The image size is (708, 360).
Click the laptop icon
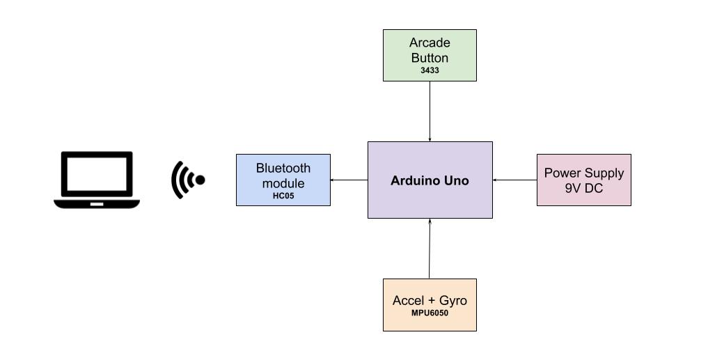pyautogui.click(x=97, y=179)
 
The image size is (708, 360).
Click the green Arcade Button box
pyautogui.click(x=430, y=55)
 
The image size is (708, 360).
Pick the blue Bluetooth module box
pyautogui.click(x=283, y=180)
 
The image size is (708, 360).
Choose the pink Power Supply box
pyautogui.click(x=583, y=180)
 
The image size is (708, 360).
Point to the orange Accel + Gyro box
pyautogui.click(x=430, y=305)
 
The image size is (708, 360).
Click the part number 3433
pyautogui.click(x=430, y=70)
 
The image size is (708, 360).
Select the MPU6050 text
pyautogui.click(x=430, y=313)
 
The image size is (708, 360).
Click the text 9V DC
pyautogui.click(x=583, y=188)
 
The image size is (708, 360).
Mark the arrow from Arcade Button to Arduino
pyautogui.click(x=430, y=111)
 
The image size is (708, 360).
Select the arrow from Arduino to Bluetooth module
pyautogui.click(x=349, y=180)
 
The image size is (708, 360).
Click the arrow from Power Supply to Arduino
pyautogui.click(x=514, y=180)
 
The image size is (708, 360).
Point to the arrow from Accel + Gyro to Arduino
pyautogui.click(x=430, y=249)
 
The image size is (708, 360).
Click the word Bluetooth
pyautogui.click(x=283, y=168)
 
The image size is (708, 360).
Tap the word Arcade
pyautogui.click(x=430, y=43)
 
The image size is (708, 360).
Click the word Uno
pyautogui.click(x=455, y=180)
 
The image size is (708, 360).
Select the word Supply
pyautogui.click(x=604, y=173)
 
